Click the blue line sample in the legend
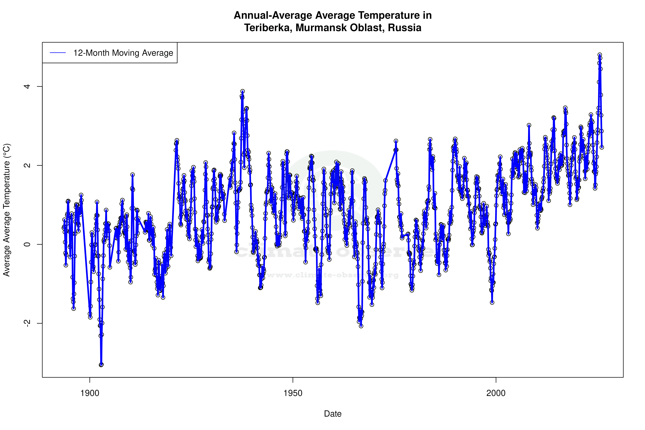tap(58, 53)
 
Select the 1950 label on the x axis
tap(293, 393)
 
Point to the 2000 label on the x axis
tap(496, 393)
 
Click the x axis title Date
tap(333, 414)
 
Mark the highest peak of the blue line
tap(600, 55)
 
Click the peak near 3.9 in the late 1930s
tap(242, 91)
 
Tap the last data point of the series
tap(602, 147)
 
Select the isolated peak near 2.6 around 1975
tap(396, 141)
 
